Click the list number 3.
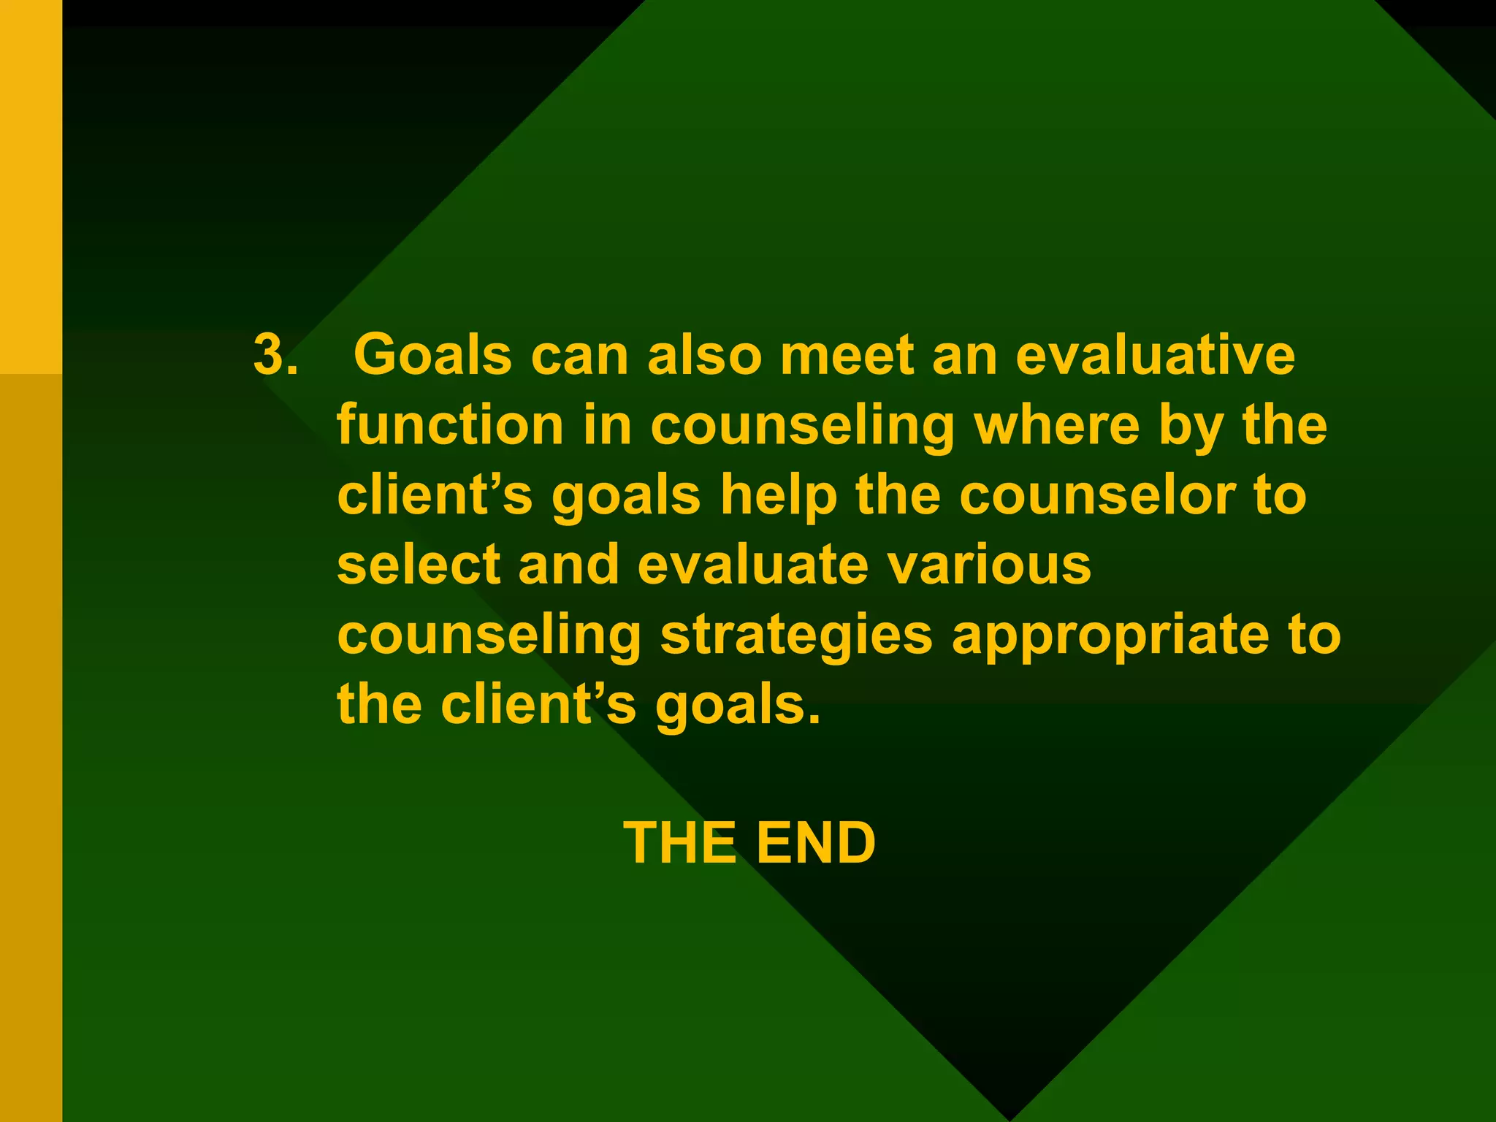tap(275, 356)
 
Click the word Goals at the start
tap(432, 356)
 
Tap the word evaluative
tap(1155, 356)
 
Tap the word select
tap(419, 565)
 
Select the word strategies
tap(796, 634)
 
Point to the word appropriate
tap(1110, 636)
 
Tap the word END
tap(816, 843)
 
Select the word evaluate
tap(752, 565)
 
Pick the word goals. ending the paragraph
tap(738, 706)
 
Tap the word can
tap(579, 356)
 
